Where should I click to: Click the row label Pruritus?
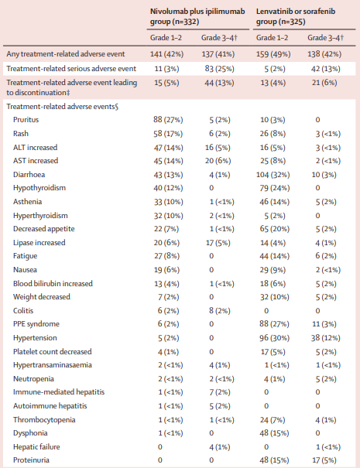tap(26, 120)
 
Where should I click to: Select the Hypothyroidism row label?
tap(39, 188)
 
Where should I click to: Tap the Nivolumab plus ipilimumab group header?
tap(197, 16)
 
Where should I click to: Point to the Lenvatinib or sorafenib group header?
tap(296, 16)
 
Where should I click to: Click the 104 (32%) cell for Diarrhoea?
tap(273, 175)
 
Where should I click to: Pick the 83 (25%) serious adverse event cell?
tap(220, 69)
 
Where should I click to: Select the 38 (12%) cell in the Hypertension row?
tap(324, 338)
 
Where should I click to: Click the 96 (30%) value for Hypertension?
tap(275, 338)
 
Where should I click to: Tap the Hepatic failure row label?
tap(36, 447)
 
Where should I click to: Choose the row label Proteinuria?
tap(31, 460)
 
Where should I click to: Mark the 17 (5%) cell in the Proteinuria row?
tap(324, 460)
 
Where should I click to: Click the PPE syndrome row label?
tap(36, 324)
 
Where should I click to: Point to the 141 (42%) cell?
tap(166, 54)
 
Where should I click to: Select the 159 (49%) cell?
tap(273, 54)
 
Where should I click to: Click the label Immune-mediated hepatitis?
tap(59, 392)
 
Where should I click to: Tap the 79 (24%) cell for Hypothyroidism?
tap(275, 188)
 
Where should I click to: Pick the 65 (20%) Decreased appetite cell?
tap(275, 229)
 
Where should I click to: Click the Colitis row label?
tap(23, 311)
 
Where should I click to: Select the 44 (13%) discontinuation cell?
tap(219, 83)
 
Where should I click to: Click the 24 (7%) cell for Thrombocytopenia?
tap(273, 420)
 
